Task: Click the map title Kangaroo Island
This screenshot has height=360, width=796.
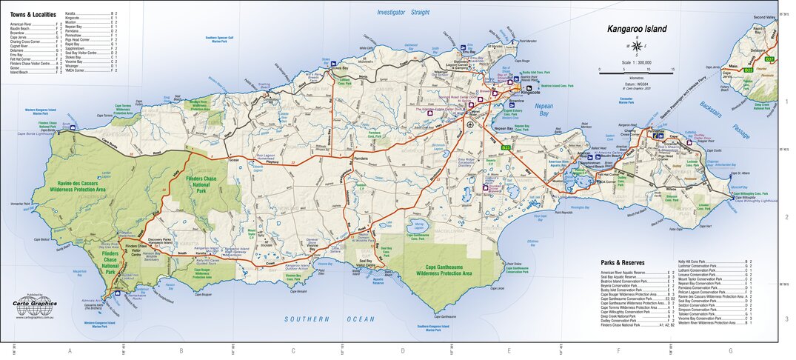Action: [x=636, y=30]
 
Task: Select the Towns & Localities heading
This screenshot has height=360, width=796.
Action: [x=33, y=14]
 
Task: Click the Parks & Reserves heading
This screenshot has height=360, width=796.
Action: [x=623, y=263]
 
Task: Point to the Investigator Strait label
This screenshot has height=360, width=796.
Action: [x=403, y=13]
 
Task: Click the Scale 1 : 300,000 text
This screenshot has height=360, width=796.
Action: [x=636, y=62]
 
